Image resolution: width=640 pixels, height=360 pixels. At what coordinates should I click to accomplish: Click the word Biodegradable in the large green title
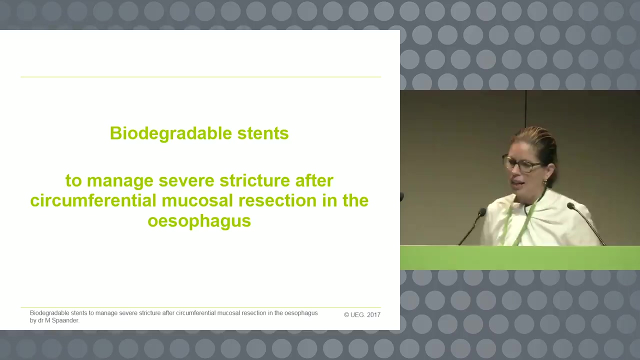click(170, 133)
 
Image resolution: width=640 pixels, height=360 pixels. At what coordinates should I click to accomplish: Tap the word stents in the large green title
click(263, 133)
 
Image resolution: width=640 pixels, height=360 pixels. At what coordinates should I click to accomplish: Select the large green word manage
click(120, 181)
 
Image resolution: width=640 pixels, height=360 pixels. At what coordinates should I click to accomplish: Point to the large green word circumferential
click(93, 200)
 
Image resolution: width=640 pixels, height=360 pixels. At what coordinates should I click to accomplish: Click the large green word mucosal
click(197, 200)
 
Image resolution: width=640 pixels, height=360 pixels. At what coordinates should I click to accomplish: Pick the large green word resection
click(277, 200)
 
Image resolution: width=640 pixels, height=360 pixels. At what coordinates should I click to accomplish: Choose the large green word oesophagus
click(199, 221)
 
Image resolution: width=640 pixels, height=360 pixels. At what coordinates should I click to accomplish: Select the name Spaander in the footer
click(65, 320)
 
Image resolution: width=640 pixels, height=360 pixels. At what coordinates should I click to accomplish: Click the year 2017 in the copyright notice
click(373, 315)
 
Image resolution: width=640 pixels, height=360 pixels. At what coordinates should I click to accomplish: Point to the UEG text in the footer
click(357, 315)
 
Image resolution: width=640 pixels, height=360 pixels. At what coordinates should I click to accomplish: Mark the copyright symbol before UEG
click(346, 315)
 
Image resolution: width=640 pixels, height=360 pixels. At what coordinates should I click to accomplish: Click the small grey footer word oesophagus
click(301, 313)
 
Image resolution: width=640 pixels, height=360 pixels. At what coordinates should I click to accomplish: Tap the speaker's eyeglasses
click(521, 164)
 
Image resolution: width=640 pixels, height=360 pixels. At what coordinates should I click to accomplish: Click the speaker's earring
click(545, 182)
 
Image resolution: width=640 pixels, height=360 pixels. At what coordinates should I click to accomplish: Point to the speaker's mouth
click(516, 182)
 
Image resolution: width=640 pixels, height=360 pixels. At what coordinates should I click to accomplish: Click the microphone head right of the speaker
click(570, 205)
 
